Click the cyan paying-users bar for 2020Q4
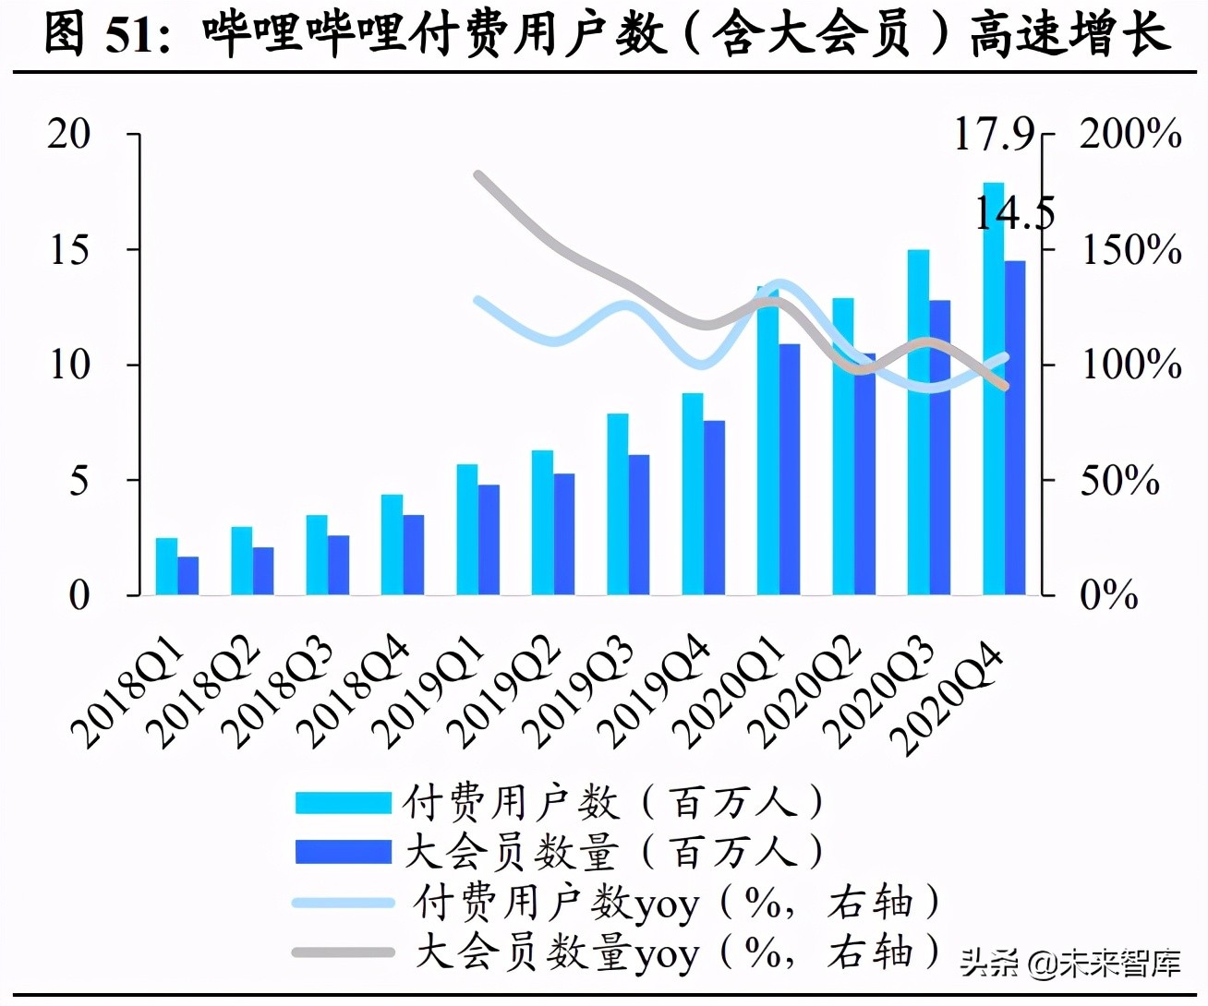tap(993, 388)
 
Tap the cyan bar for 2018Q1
tap(166, 566)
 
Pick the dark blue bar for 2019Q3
tap(639, 524)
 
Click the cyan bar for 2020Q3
tap(918, 422)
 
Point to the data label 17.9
tap(994, 135)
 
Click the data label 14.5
tap(1014, 214)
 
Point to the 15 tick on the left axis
tap(70, 249)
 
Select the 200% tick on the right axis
tap(1130, 135)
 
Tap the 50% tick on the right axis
tap(1119, 481)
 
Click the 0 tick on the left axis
tap(80, 595)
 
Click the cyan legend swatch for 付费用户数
tap(343, 802)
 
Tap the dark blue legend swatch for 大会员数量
tap(343, 851)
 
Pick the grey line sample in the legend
tap(343, 952)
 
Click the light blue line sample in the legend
tap(343, 902)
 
